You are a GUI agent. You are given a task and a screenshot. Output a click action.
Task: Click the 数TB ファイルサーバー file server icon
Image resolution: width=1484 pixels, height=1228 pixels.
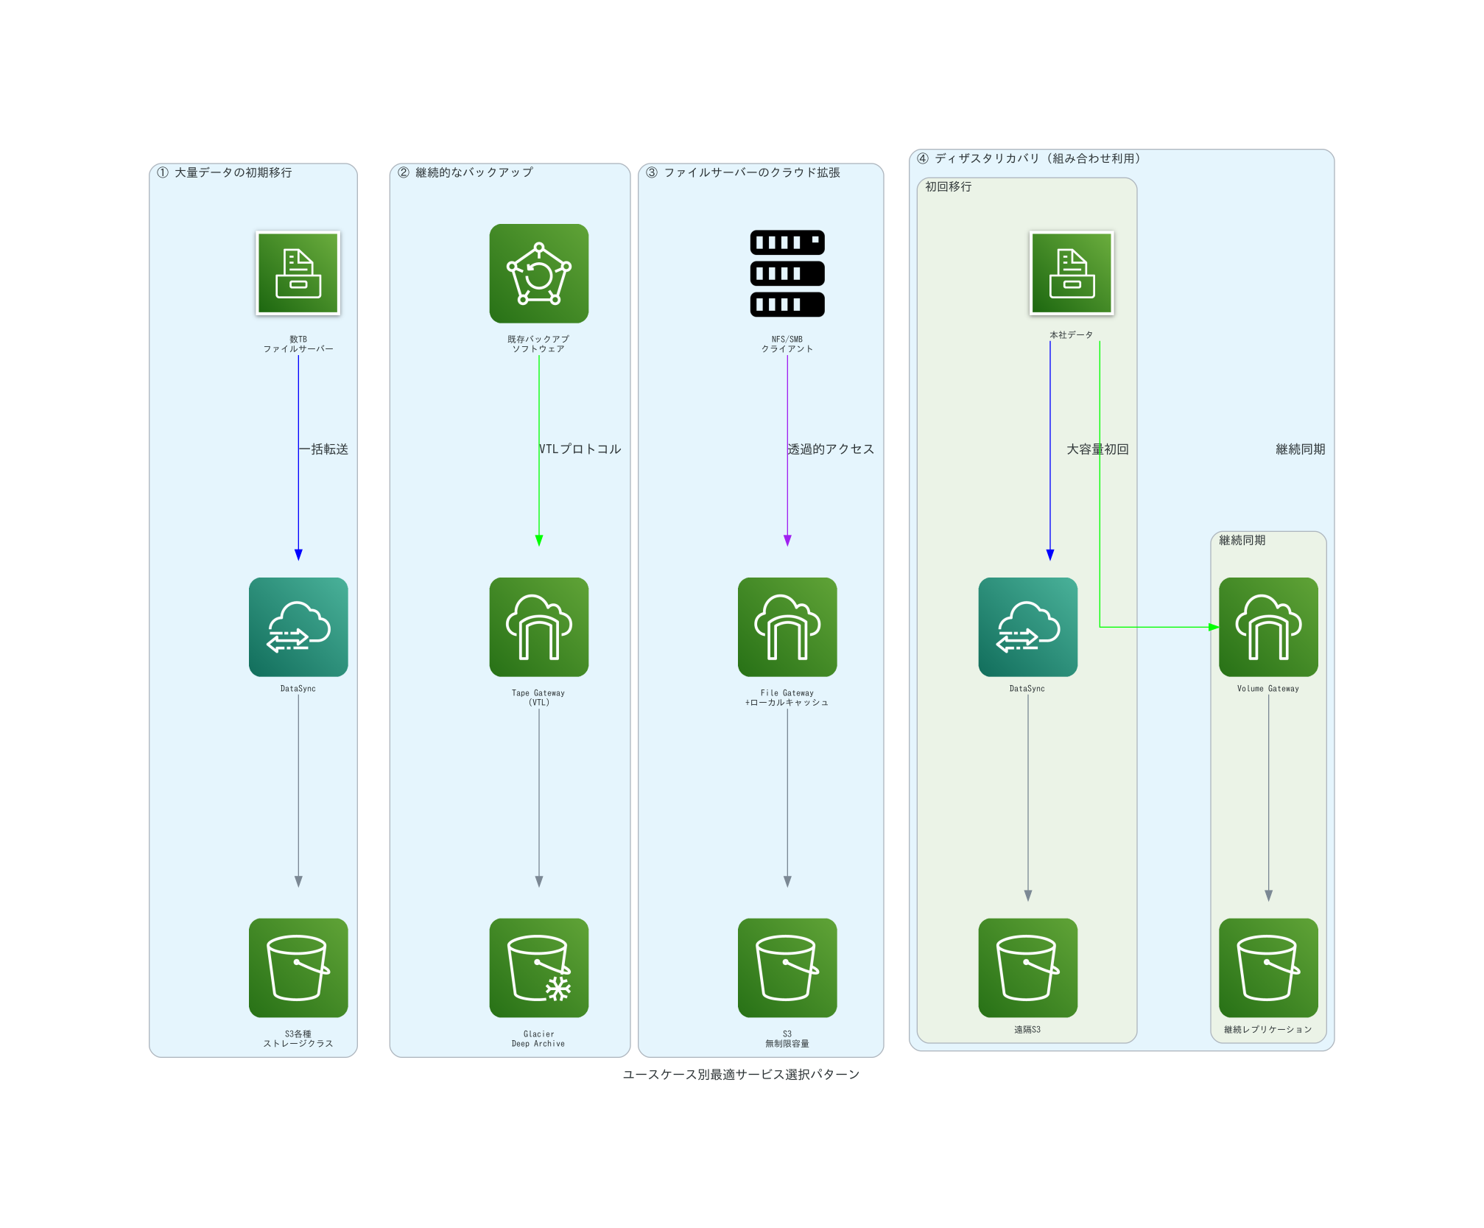click(x=298, y=273)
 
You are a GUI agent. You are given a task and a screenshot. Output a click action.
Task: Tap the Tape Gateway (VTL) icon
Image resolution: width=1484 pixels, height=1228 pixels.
click(x=538, y=627)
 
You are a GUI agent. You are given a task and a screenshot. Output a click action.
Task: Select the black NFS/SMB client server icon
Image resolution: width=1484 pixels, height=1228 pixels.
click(x=787, y=273)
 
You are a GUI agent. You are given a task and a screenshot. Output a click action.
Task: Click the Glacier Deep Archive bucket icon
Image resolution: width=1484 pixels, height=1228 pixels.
click(x=538, y=967)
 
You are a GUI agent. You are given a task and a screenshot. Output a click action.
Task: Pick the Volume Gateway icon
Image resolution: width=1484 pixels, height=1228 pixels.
click(x=1267, y=627)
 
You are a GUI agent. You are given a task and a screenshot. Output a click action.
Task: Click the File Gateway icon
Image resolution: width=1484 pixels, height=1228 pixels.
click(x=787, y=627)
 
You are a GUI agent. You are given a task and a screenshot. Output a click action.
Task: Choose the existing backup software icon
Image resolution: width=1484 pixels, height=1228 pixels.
click(x=538, y=273)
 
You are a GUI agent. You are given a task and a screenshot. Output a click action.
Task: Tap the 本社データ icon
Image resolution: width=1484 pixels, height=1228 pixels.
click(x=1071, y=273)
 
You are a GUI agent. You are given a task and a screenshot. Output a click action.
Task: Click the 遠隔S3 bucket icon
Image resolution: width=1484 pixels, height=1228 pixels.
click(x=1027, y=967)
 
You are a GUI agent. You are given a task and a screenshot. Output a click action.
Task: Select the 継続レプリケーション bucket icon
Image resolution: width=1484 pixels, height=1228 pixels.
click(x=1267, y=967)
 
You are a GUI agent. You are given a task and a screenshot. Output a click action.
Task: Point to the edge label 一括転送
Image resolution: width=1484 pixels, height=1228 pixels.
click(x=324, y=449)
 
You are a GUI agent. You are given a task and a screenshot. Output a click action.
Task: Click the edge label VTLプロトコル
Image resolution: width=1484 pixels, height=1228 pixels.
click(x=580, y=449)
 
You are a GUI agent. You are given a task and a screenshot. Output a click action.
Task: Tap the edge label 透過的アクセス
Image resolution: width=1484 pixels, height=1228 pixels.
click(x=831, y=449)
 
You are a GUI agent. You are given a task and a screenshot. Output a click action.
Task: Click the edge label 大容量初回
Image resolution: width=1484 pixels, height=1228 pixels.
click(x=1097, y=449)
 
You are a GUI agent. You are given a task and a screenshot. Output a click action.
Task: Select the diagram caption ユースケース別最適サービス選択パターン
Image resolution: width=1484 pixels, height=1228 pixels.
click(x=741, y=1075)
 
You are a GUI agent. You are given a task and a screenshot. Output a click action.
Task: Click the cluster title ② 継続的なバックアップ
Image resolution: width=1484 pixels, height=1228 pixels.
click(x=465, y=172)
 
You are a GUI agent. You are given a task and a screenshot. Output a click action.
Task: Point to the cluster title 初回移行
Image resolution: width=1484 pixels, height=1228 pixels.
click(x=949, y=187)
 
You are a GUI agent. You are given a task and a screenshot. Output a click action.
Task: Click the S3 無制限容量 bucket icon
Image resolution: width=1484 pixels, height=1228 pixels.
click(x=787, y=967)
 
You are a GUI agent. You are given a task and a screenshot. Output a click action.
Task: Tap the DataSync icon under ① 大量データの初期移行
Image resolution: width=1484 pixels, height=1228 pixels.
click(x=298, y=627)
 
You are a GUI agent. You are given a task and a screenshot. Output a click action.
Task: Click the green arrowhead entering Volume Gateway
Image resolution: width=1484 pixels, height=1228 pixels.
click(x=1213, y=628)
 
